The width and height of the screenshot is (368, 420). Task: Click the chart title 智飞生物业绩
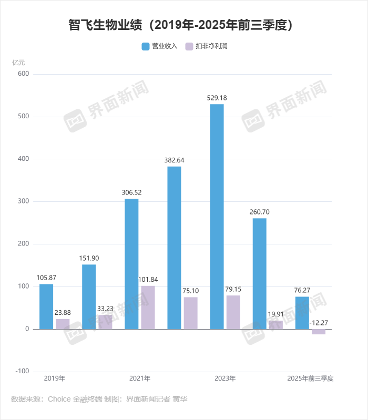click(184, 25)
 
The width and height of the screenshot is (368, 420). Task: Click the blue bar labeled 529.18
click(217, 216)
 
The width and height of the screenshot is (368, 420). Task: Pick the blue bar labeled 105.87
click(46, 306)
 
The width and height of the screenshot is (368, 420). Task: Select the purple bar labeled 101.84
click(148, 308)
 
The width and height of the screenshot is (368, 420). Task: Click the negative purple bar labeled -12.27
click(318, 332)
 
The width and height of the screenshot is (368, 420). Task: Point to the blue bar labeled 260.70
click(259, 273)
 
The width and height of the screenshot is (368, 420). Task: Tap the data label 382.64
click(174, 160)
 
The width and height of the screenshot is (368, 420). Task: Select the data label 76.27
click(302, 290)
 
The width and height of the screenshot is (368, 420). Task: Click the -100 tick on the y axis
click(22, 371)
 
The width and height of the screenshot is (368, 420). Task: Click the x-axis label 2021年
click(140, 378)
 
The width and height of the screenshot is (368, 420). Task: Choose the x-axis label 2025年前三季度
click(310, 378)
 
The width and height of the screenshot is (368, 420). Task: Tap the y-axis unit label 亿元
click(18, 62)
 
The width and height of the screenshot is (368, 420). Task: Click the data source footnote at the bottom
click(99, 399)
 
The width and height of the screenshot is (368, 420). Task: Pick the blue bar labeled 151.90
click(89, 296)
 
